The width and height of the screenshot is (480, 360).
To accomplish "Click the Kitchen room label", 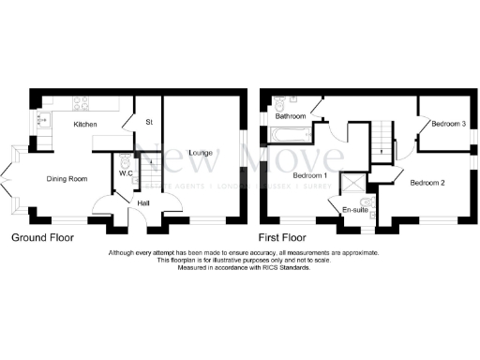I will click(x=86, y=124).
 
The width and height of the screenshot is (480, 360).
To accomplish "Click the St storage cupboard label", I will click(x=148, y=121).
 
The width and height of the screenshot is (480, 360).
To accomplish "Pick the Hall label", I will click(x=143, y=202).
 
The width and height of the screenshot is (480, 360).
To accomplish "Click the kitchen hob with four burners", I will click(x=82, y=103).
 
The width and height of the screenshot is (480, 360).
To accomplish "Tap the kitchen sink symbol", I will click(x=42, y=119).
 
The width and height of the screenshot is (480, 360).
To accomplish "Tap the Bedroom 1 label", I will click(x=309, y=175).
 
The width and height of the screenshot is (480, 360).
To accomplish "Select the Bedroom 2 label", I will click(x=427, y=184).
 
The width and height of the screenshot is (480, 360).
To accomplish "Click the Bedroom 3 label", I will click(x=449, y=123).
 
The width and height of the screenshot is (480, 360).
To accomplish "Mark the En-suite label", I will click(x=355, y=209).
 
